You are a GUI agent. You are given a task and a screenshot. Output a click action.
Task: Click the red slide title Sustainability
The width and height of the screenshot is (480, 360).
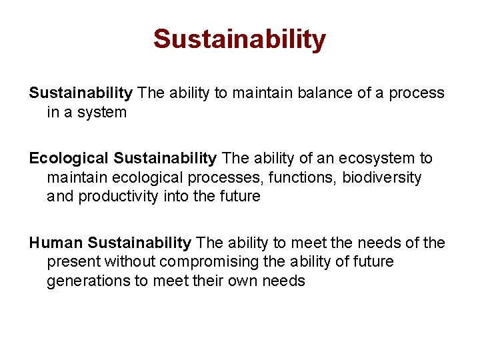pyautogui.click(x=239, y=39)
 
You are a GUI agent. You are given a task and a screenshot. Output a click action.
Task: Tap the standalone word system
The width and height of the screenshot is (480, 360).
pyautogui.click(x=101, y=113)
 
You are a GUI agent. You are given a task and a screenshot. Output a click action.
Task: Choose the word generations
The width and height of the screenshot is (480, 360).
pyautogui.click(x=88, y=281)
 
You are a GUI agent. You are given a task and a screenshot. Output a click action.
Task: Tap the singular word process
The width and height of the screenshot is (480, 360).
pyautogui.click(x=417, y=93)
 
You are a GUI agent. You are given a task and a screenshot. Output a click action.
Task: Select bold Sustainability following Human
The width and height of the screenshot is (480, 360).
pyautogui.click(x=139, y=243)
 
